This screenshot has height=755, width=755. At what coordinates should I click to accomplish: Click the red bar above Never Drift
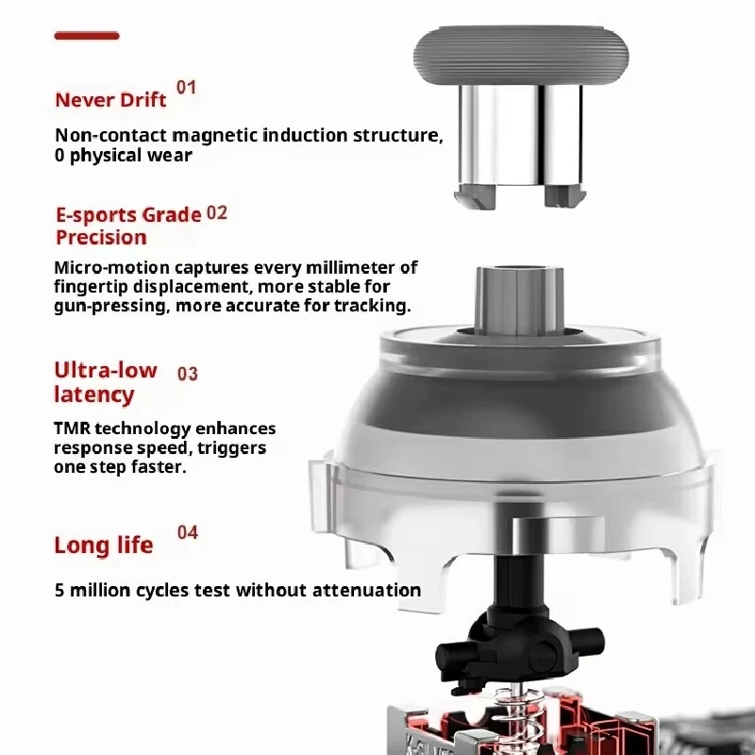coord(87,36)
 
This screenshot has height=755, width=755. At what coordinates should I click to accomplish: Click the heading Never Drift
coord(110,100)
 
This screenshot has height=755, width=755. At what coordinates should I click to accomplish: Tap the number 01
coord(186,88)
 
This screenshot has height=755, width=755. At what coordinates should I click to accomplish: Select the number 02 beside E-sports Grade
coord(217,213)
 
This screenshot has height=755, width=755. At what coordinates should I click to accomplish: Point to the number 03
coord(187,374)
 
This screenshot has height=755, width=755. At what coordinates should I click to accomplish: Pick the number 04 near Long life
coord(187,532)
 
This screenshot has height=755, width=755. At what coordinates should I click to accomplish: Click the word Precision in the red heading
coord(101,238)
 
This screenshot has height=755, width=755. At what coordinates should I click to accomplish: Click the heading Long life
coord(104,545)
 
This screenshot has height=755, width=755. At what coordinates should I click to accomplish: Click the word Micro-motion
coord(111,267)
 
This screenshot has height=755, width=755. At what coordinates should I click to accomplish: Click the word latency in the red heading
coord(93,394)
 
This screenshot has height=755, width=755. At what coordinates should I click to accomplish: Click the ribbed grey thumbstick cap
coord(521,56)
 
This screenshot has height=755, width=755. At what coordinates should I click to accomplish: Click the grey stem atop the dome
coord(519,301)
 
